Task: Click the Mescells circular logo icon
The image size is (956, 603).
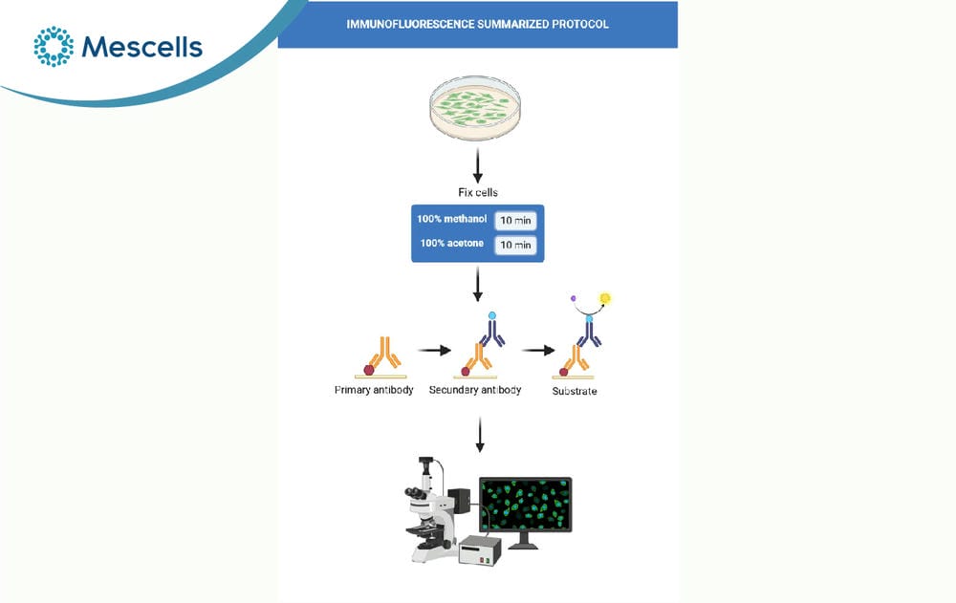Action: click(x=54, y=46)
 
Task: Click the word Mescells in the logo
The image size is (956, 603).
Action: click(x=142, y=47)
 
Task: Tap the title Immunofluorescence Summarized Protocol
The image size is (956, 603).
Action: click(x=477, y=25)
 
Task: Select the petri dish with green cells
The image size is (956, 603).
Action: click(x=475, y=107)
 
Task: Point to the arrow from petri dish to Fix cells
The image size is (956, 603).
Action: click(x=477, y=165)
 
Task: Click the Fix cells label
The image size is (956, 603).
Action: click(x=478, y=193)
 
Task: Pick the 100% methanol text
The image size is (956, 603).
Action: click(x=452, y=219)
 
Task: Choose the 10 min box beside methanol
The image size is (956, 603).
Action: click(x=516, y=220)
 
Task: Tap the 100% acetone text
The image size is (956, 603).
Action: click(x=452, y=244)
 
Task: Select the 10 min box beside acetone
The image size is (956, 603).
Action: click(x=516, y=245)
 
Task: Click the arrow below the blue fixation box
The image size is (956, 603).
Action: click(x=477, y=284)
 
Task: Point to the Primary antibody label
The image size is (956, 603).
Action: click(x=374, y=390)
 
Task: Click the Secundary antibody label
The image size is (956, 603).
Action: click(x=475, y=390)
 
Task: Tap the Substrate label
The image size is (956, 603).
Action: click(x=575, y=392)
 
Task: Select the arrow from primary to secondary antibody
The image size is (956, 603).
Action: click(x=434, y=351)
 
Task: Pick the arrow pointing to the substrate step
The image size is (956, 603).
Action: click(x=537, y=351)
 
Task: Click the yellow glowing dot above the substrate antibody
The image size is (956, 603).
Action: click(x=605, y=298)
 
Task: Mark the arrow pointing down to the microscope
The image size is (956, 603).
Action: click(x=480, y=434)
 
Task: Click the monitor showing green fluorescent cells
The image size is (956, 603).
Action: click(x=526, y=505)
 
